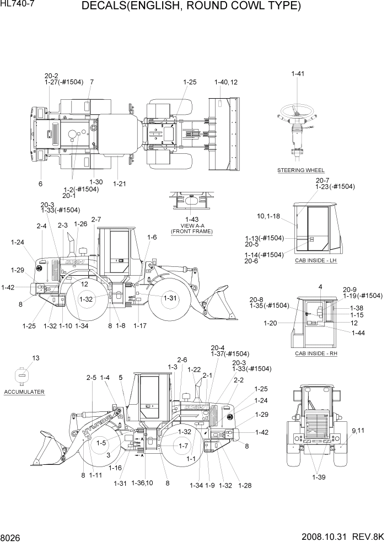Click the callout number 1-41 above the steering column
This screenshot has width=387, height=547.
click(x=298, y=74)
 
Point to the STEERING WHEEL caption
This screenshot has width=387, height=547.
click(x=300, y=170)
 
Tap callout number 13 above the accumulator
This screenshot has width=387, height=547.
click(x=35, y=358)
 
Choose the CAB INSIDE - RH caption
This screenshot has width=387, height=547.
click(x=315, y=353)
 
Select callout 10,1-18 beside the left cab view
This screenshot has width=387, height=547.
click(x=268, y=216)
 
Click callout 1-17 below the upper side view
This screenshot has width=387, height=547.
click(x=140, y=326)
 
